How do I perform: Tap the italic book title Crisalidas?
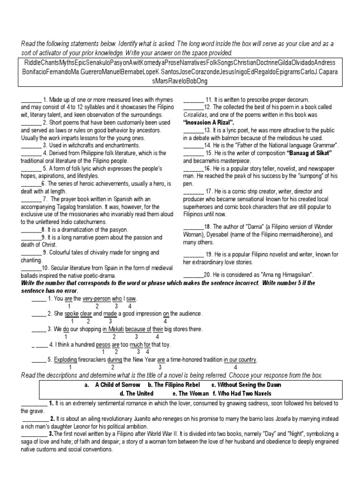tap(196, 114)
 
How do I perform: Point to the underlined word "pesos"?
tap(103, 344)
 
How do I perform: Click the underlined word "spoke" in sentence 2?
tap(72, 313)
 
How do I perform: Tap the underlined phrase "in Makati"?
tap(113, 329)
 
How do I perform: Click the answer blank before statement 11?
tap(193, 100)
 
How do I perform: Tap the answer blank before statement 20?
tap(193, 274)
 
